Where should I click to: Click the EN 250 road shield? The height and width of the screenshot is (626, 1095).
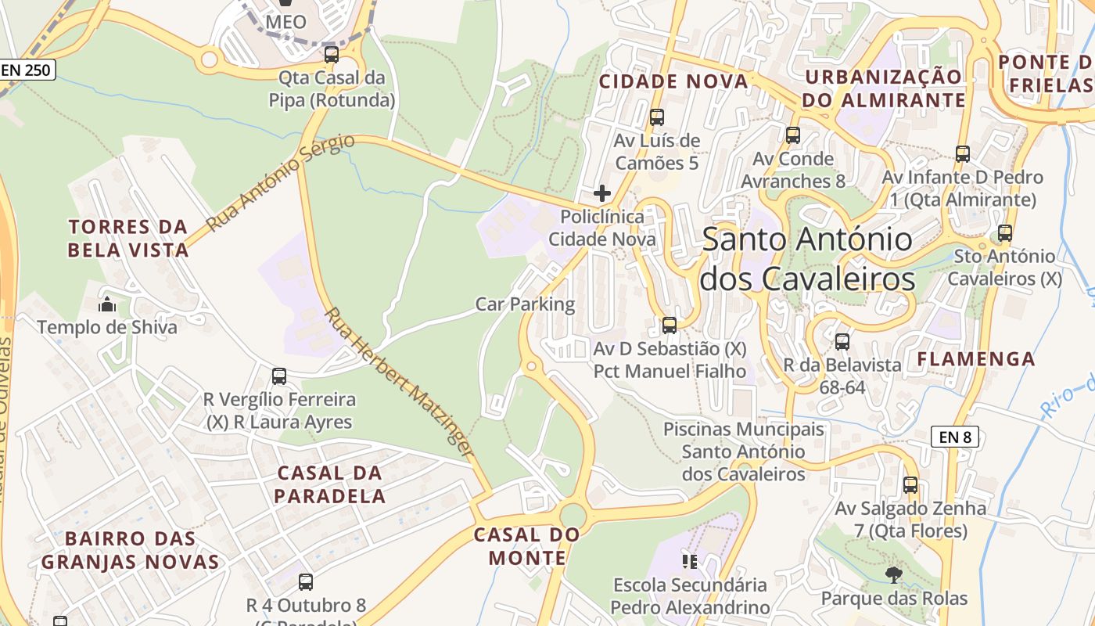[x=26, y=70]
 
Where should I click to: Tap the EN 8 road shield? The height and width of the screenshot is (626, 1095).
[x=955, y=437]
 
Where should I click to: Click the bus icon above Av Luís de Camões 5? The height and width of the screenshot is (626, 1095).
[x=657, y=117]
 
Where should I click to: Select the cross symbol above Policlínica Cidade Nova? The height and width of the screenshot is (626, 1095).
[x=602, y=192]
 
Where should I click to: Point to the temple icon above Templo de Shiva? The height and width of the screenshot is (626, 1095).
[x=107, y=304]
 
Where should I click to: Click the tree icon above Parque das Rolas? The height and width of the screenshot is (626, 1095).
[x=894, y=575]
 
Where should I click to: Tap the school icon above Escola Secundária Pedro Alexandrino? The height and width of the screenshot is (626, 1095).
[x=689, y=561]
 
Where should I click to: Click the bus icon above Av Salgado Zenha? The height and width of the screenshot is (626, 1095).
[x=910, y=484]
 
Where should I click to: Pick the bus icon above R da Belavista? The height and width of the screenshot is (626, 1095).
[x=842, y=341]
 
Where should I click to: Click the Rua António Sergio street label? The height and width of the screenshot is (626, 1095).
[x=280, y=182]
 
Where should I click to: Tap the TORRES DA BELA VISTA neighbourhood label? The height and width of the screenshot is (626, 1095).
[x=128, y=239]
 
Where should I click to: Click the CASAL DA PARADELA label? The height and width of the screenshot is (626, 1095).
[x=330, y=484]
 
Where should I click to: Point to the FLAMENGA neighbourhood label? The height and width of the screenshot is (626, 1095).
[x=976, y=359]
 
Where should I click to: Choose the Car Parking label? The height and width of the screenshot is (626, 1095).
[x=525, y=304]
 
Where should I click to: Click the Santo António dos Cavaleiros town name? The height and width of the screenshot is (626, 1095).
[x=807, y=259]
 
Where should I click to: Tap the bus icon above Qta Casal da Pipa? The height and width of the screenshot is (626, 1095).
[x=332, y=54]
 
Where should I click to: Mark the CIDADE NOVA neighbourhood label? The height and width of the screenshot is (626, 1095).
[x=673, y=81]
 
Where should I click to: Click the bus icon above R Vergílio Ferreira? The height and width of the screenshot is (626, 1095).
[x=279, y=376]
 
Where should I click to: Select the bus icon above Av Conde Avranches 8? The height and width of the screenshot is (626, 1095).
[x=793, y=135]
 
